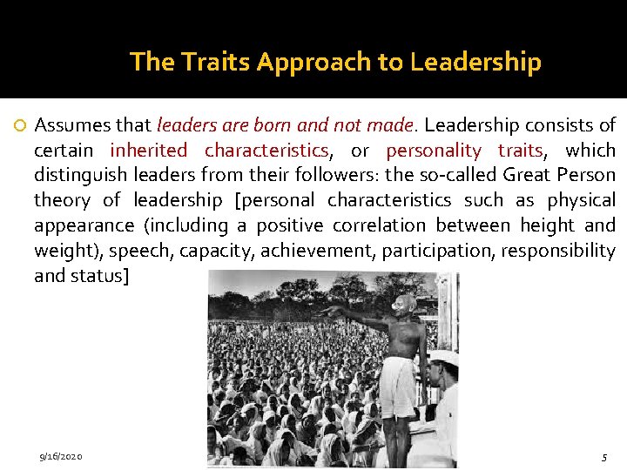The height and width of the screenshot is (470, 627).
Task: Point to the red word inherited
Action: tap(149, 151)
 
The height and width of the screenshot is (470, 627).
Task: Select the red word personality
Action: tap(433, 151)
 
